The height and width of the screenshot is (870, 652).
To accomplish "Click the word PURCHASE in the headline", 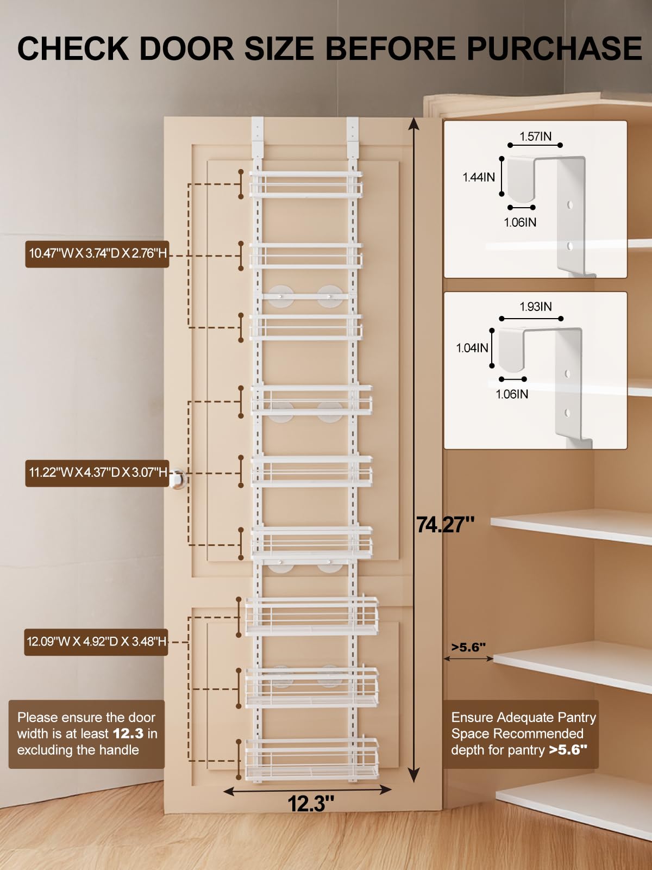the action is [x=554, y=49].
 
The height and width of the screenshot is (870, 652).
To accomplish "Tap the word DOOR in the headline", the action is [x=187, y=49].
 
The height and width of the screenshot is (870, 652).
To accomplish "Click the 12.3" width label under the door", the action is [x=311, y=804].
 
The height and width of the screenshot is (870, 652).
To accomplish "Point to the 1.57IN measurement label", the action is [x=535, y=136].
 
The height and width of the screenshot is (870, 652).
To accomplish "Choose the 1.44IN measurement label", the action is [x=479, y=177].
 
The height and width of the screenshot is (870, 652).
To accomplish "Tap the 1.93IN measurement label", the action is [x=535, y=306].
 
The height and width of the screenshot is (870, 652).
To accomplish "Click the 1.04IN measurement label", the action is [x=472, y=348].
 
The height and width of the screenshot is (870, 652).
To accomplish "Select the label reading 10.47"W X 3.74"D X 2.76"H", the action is [x=97, y=254].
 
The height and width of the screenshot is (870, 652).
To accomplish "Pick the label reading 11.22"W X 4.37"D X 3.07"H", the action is [x=97, y=473].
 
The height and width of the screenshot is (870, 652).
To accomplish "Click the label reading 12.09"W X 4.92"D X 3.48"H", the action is [x=96, y=642].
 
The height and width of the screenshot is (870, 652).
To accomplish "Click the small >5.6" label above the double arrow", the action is [x=468, y=647].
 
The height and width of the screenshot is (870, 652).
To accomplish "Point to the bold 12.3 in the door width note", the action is [x=128, y=734].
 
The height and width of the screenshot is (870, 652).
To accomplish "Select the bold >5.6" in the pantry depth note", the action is [x=568, y=750].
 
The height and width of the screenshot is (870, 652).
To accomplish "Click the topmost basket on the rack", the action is [x=305, y=184].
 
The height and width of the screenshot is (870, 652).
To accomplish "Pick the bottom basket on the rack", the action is [x=311, y=759].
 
